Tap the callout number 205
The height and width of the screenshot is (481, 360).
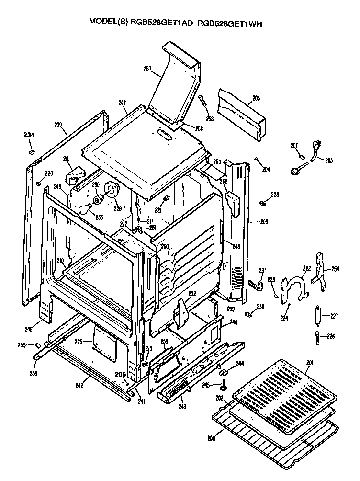click(256, 98)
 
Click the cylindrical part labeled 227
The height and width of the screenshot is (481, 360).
click(317, 316)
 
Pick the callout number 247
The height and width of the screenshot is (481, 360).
click(122, 103)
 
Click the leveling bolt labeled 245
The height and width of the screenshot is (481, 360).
click(224, 384)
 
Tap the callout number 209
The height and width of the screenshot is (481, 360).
click(58, 125)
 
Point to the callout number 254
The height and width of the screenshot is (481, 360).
click(335, 269)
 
